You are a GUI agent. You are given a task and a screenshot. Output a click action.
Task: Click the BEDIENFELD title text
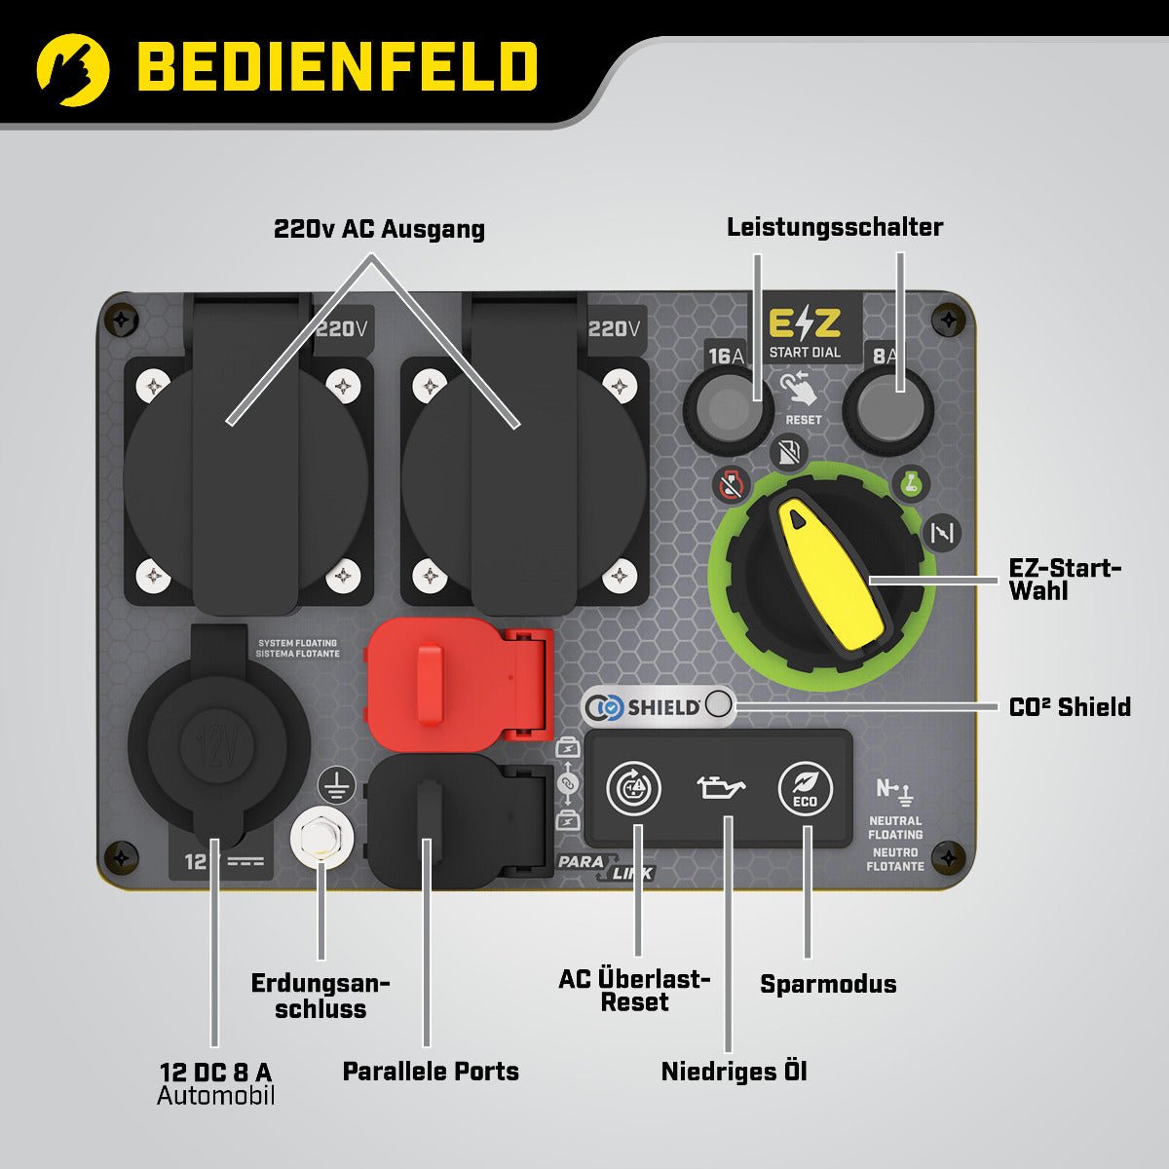[337, 66]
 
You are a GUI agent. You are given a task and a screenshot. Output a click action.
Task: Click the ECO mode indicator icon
[806, 788]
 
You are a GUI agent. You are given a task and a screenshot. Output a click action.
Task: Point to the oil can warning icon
[720, 786]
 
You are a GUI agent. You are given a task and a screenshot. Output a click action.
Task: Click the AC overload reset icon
[633, 788]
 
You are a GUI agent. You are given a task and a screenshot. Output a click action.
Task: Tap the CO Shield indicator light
[719, 705]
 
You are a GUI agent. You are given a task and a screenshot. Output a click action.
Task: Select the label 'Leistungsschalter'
[835, 228]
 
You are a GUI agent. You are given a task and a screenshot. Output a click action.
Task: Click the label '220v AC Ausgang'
[379, 230]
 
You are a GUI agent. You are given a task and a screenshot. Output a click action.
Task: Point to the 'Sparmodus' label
[828, 984]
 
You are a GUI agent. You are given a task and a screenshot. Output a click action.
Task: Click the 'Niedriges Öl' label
[735, 1073]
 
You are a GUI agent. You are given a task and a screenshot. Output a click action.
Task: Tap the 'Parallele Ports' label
[431, 1072]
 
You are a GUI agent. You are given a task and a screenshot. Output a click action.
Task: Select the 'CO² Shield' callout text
[1070, 707]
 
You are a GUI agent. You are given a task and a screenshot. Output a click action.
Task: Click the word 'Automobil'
[216, 1096]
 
